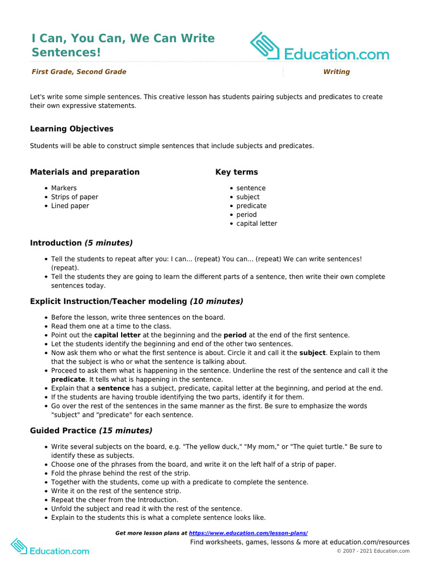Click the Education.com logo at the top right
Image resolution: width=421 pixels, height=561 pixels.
(320, 47)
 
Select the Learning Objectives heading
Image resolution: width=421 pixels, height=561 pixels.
(72, 129)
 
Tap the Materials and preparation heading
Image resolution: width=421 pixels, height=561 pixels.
(85, 172)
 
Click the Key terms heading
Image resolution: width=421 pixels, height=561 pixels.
(236, 172)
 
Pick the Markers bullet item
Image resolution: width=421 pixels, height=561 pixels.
(64, 188)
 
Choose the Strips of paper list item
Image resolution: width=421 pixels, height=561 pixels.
(75, 197)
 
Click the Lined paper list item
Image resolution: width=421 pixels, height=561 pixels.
(70, 206)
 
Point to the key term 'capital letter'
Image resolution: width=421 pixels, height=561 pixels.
(257, 224)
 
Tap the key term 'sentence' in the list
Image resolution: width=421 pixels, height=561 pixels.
(251, 188)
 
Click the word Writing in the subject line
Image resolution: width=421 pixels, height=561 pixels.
(336, 72)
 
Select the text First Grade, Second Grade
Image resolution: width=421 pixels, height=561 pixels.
(79, 72)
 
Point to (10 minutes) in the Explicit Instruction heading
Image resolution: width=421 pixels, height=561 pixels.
(216, 301)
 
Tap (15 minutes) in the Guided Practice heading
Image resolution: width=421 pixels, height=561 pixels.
(126, 431)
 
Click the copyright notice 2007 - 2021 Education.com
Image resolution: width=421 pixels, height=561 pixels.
(373, 551)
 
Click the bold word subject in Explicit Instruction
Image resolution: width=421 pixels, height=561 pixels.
(312, 353)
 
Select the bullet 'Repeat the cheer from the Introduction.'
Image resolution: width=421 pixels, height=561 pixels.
(115, 500)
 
